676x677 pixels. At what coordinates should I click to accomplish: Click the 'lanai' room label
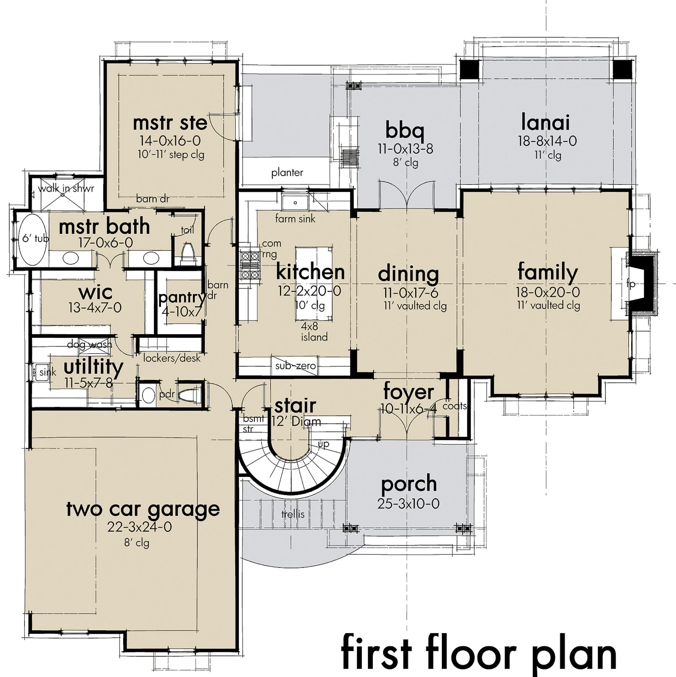coord(545,123)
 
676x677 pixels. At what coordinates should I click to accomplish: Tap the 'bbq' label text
coord(405,130)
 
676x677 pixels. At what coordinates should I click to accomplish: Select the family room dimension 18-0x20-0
coord(548,292)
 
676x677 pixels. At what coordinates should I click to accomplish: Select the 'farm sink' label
coord(295,219)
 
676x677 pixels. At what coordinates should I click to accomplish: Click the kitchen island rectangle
coord(314,284)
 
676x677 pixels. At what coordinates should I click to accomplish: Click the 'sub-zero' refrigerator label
coord(295,366)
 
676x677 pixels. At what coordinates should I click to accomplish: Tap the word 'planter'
coord(287,172)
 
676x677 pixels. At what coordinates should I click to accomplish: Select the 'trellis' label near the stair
coord(293,515)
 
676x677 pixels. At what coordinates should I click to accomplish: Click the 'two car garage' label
coord(143,509)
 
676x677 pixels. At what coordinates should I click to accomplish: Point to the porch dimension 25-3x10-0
coord(408,504)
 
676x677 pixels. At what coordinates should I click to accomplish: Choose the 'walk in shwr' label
coord(66,188)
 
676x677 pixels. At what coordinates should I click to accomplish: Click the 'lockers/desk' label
coord(172,358)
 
